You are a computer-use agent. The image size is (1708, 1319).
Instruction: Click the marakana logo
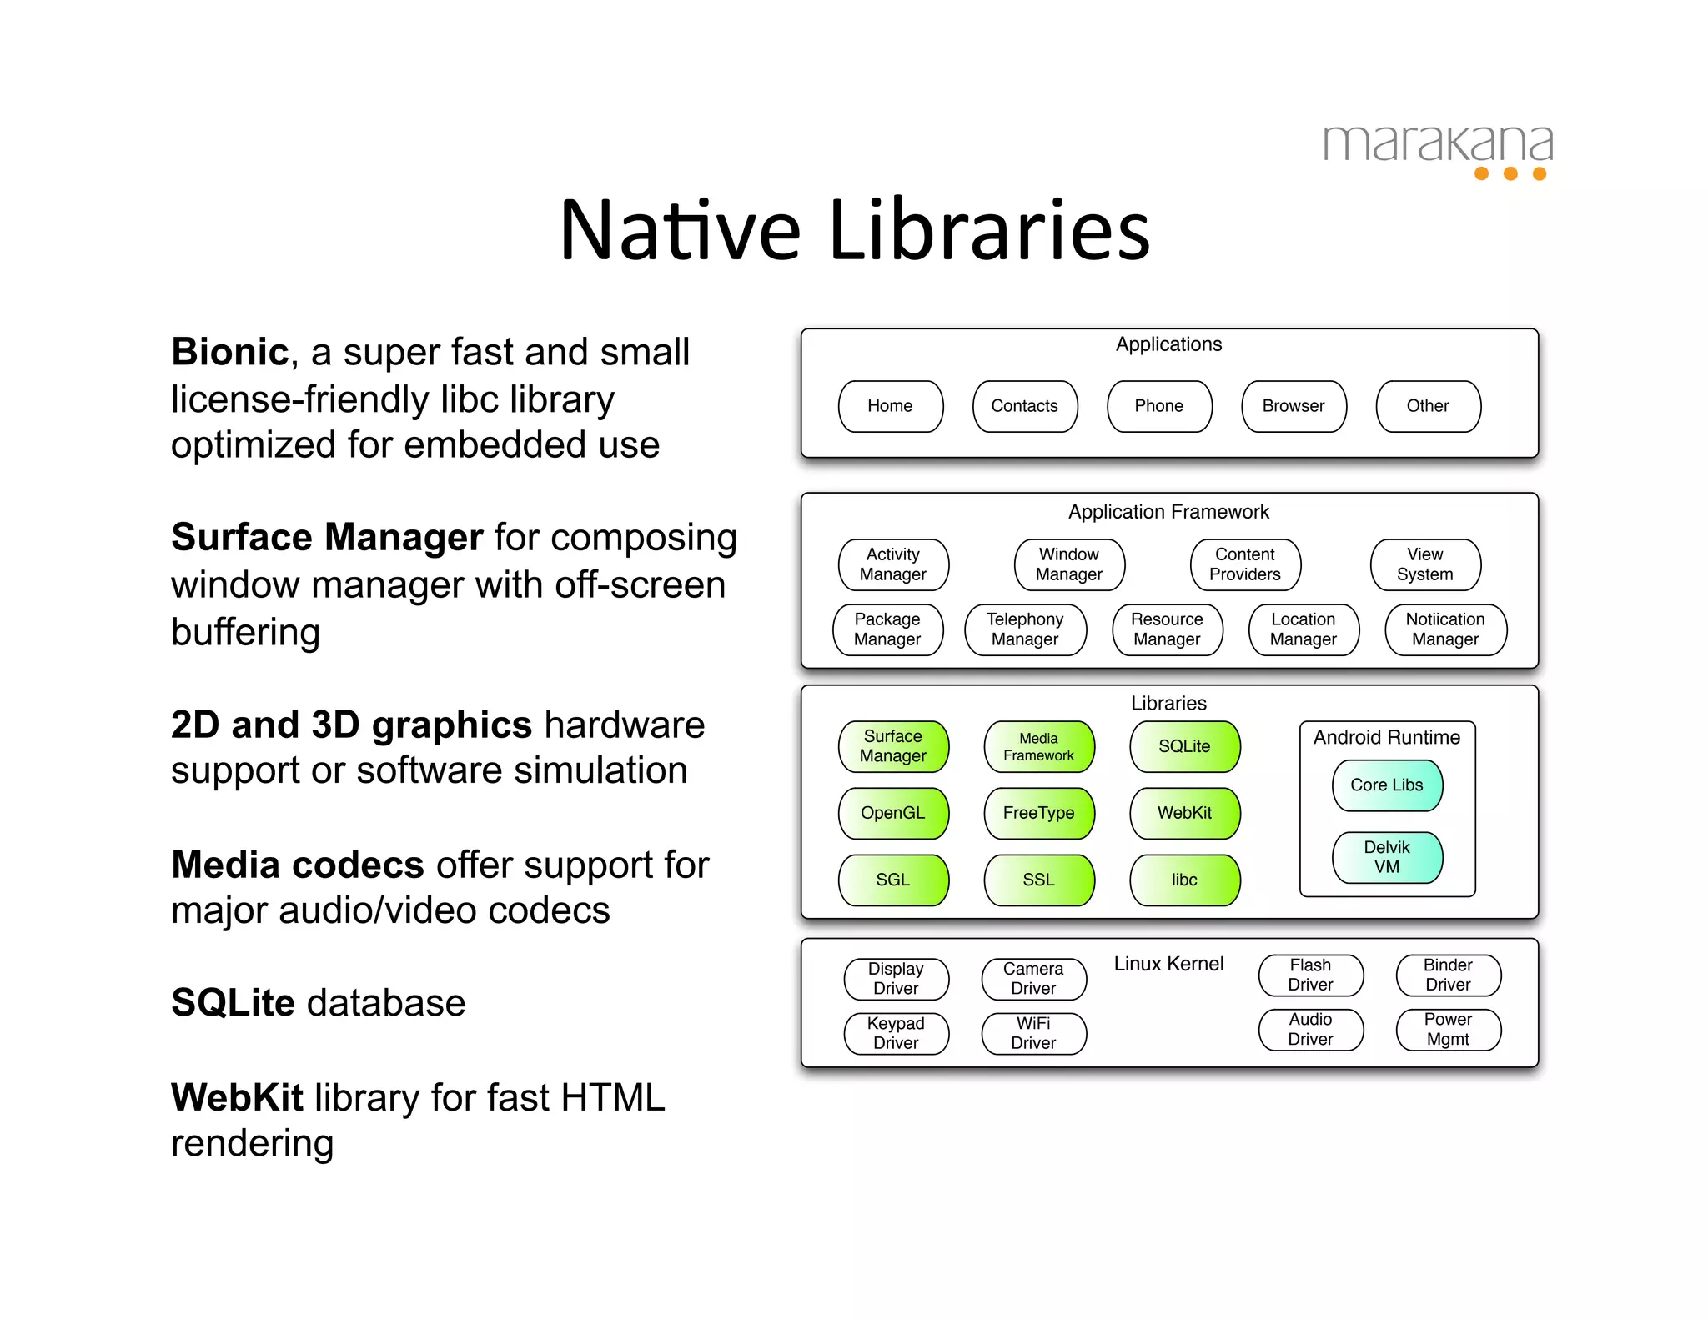[x=1438, y=150]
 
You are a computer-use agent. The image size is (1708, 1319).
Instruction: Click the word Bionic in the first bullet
[x=229, y=352]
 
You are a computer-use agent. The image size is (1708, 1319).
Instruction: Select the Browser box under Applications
[x=1293, y=406]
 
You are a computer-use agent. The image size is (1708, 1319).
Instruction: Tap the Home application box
[x=890, y=406]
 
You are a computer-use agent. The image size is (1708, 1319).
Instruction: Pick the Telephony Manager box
[x=1025, y=629]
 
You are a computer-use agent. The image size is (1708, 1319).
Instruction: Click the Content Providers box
[x=1244, y=564]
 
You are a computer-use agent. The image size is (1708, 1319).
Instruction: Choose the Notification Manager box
[x=1445, y=629]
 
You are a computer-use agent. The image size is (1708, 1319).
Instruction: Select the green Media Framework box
[x=1038, y=746]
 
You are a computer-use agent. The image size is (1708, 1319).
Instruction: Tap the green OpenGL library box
[x=892, y=813]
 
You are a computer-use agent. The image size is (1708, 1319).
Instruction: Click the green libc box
[x=1184, y=880]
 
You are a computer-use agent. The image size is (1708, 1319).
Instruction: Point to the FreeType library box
[x=1038, y=813]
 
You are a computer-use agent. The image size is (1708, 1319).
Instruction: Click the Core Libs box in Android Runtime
[x=1387, y=785]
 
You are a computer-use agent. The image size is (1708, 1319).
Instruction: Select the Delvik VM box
[x=1387, y=857]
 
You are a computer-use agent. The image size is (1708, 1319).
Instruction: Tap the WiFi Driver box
[x=1033, y=1033]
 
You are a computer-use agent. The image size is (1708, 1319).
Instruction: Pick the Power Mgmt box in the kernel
[x=1448, y=1030]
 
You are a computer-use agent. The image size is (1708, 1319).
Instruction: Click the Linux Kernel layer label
[x=1168, y=964]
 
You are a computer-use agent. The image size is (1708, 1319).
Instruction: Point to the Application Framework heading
[x=1168, y=512]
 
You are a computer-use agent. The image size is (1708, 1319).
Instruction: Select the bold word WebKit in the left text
[x=237, y=1097]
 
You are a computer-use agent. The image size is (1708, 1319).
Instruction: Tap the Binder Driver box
[x=1448, y=975]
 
